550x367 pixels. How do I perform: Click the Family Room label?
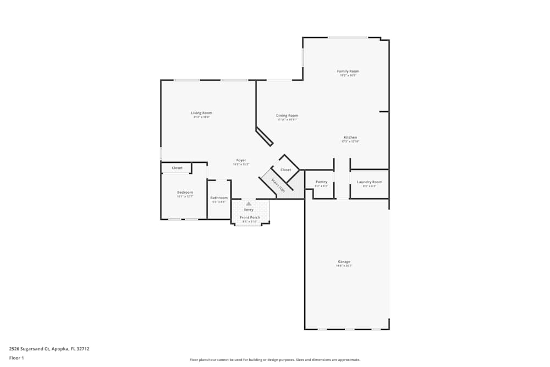click(348, 71)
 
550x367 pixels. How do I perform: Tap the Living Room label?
click(202, 113)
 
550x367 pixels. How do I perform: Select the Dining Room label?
click(287, 116)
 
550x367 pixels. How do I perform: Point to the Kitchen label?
click(350, 137)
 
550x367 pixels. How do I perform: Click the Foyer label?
click(241, 160)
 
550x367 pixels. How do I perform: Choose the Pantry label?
click(322, 182)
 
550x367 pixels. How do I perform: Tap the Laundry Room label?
click(370, 182)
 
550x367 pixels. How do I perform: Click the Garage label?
click(344, 261)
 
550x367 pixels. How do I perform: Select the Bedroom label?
click(185, 192)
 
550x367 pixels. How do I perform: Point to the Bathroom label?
click(219, 198)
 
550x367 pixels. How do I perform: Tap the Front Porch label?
click(250, 217)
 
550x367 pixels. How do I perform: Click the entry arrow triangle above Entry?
click(249, 204)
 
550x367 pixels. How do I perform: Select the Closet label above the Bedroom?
click(177, 168)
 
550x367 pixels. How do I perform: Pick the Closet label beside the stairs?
click(285, 170)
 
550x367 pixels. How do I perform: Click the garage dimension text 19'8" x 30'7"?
click(344, 266)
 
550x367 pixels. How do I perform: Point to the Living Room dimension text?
click(202, 117)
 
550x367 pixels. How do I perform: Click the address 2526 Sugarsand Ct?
click(49, 348)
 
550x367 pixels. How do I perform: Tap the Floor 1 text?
click(16, 358)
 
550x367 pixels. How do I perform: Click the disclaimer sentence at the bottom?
click(275, 360)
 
